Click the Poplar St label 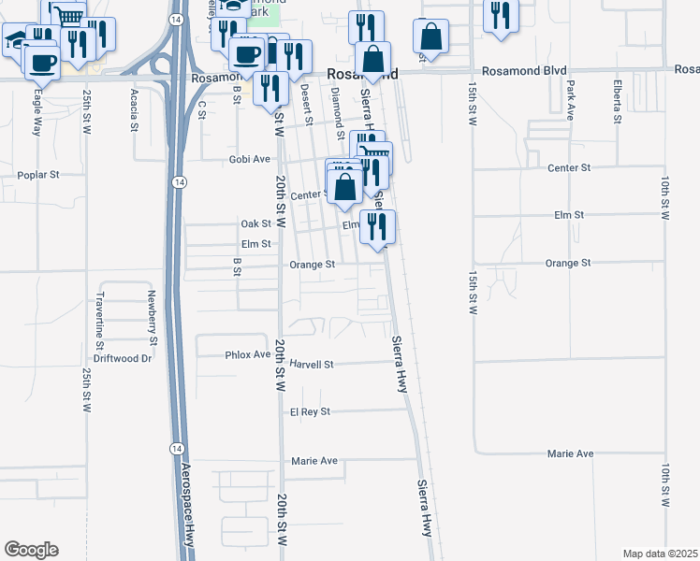(x=38, y=175)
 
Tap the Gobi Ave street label (x=249, y=160)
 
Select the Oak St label (x=255, y=223)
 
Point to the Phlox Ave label (x=247, y=355)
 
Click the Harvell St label (x=312, y=364)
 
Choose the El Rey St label (x=311, y=411)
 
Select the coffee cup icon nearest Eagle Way (x=41, y=63)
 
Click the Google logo (x=31, y=550)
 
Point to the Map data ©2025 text (x=660, y=554)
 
